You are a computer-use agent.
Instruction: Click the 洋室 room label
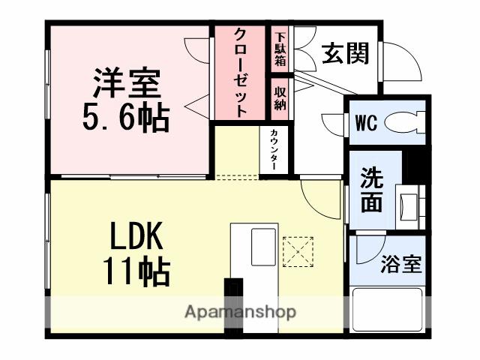point(127,83)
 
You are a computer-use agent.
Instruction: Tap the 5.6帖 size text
point(125,116)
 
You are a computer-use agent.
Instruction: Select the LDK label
point(136,238)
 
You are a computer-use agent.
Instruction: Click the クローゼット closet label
point(241,71)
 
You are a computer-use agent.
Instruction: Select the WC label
point(366,121)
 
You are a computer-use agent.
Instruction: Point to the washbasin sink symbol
point(412,202)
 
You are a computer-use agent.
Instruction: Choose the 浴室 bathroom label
point(400,264)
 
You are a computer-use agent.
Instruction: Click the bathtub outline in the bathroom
point(390,312)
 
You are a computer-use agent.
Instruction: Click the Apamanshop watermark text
point(240,311)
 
